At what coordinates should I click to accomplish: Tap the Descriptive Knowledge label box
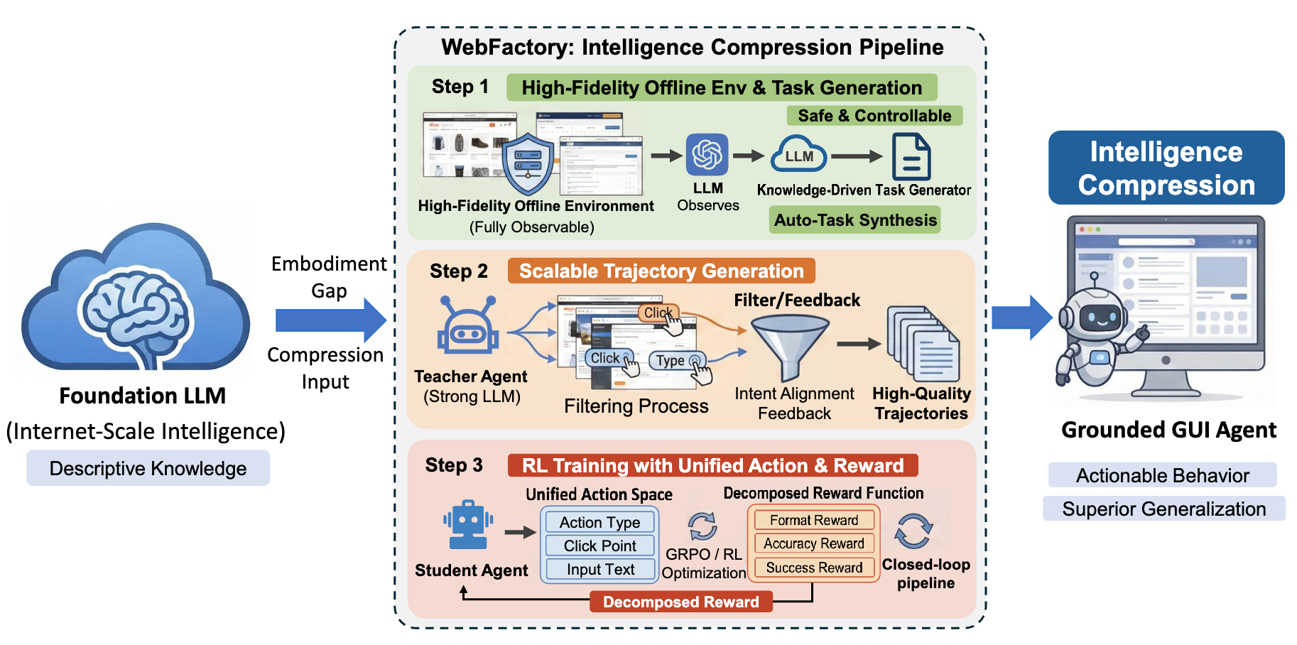point(148,468)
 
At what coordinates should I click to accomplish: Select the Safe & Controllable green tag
point(874,116)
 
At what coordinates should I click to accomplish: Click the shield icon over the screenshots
point(527,163)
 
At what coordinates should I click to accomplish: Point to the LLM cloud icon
point(799,156)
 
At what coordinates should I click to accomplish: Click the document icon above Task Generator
point(911,158)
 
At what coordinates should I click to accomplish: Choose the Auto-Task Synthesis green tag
point(855,220)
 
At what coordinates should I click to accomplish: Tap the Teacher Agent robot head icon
point(468,328)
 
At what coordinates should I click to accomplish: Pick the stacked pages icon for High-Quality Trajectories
point(923,344)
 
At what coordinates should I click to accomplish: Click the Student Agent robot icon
point(468,526)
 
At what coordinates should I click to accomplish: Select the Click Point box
point(599,546)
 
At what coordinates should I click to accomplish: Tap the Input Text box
point(599,569)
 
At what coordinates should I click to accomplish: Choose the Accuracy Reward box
point(813,543)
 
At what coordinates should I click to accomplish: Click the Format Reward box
point(813,520)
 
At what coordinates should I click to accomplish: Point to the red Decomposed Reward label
point(680,602)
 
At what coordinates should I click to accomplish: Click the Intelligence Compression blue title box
point(1166,168)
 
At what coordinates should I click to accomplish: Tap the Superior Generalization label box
point(1163,509)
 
